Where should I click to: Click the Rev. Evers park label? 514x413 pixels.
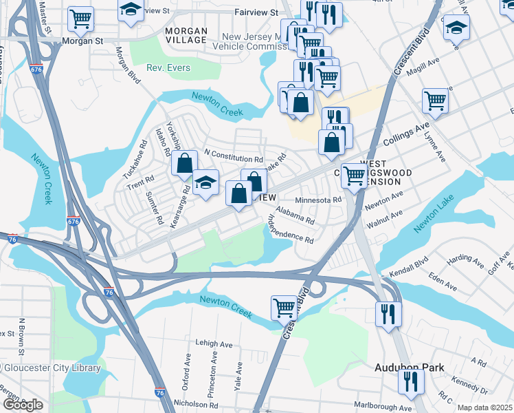[x=168, y=68]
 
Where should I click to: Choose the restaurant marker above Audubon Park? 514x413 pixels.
[x=389, y=313]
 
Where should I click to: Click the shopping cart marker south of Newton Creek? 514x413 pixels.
[x=284, y=307]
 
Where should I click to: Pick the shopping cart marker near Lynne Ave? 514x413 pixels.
[x=436, y=100]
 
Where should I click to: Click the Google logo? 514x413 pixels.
[x=22, y=405]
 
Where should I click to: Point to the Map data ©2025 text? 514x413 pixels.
[x=485, y=407]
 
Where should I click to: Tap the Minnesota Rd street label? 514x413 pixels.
[x=318, y=200]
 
